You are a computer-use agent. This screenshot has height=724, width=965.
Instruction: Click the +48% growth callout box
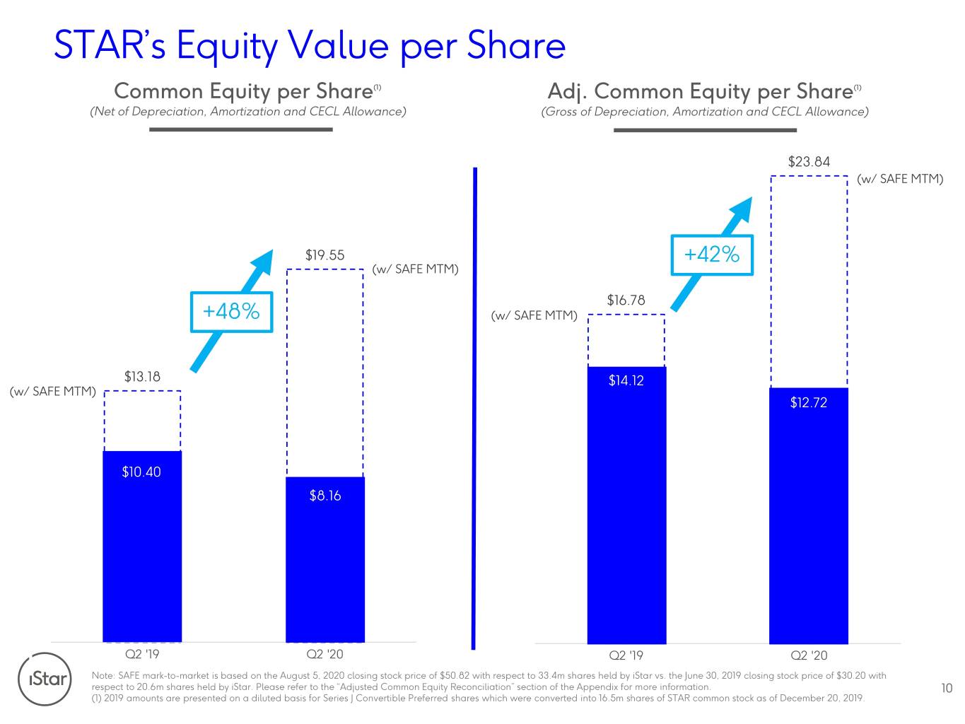[231, 312]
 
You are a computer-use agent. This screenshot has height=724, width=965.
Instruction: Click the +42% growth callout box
[712, 255]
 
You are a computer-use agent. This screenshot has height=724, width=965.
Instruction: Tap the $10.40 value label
[141, 472]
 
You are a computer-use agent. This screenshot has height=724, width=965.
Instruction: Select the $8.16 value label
[325, 496]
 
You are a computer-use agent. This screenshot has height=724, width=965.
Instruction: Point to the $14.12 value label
[626, 380]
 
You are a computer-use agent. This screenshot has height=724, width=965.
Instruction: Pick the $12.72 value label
[809, 402]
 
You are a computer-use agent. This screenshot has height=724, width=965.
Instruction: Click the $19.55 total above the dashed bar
[325, 255]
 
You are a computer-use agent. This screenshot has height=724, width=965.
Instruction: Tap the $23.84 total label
[809, 162]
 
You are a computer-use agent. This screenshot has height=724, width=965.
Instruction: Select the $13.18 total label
[142, 376]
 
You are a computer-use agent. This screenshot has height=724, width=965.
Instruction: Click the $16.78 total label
[626, 300]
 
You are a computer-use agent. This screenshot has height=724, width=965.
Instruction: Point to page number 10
[947, 688]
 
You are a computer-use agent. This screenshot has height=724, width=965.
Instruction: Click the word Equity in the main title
[227, 47]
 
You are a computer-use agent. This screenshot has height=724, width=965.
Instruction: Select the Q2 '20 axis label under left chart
[325, 654]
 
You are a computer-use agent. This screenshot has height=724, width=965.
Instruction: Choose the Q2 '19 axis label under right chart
[626, 655]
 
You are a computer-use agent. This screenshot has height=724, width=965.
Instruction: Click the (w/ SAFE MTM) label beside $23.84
[900, 179]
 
